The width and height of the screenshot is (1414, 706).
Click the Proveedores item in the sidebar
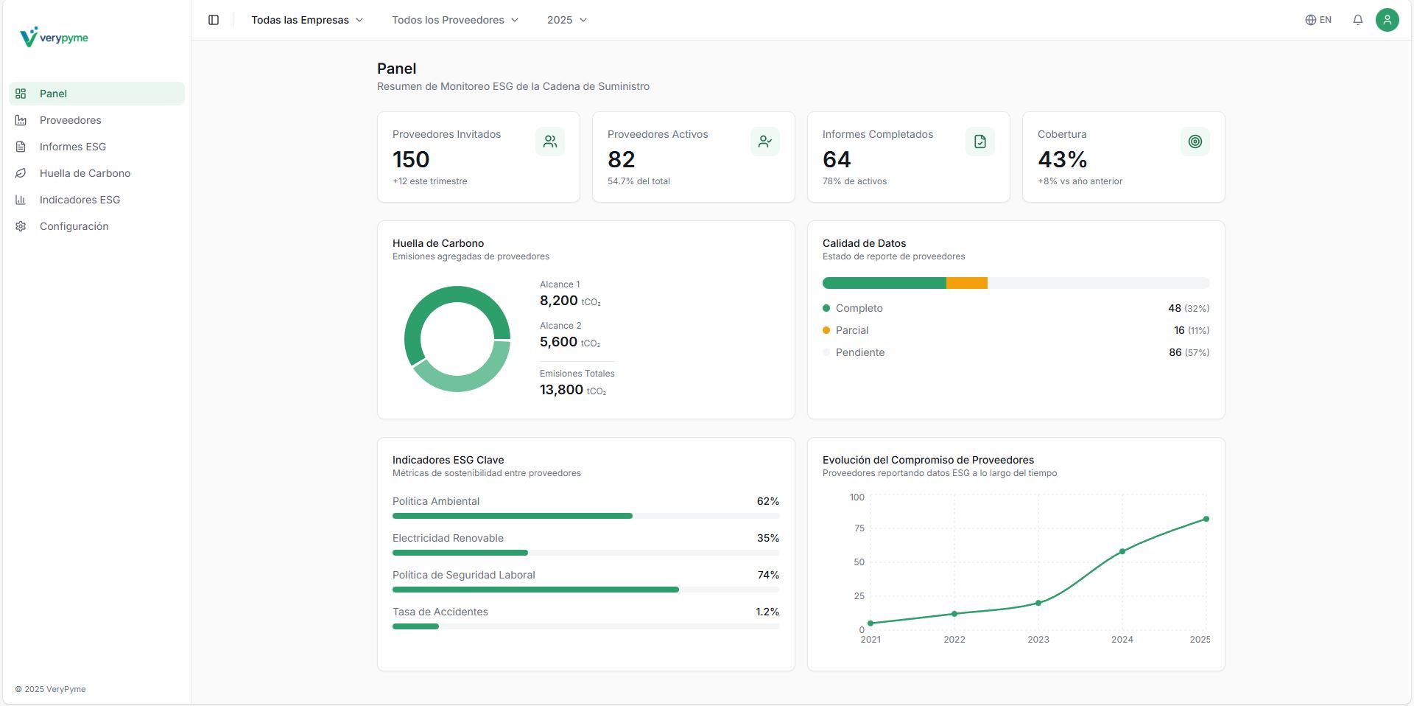point(71,120)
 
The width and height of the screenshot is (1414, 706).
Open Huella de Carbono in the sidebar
point(85,173)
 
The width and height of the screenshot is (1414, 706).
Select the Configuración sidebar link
point(74,226)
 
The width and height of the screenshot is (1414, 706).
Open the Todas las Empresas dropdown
point(307,20)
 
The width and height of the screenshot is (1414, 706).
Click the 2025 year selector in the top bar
point(566,20)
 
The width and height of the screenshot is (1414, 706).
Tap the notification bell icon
point(1357,20)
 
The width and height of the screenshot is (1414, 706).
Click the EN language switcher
point(1318,20)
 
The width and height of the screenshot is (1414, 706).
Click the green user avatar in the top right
point(1387,20)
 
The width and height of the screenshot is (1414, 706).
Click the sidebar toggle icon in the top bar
point(214,20)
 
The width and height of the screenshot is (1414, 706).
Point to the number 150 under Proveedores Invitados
point(411,159)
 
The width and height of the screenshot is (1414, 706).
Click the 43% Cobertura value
point(1062,159)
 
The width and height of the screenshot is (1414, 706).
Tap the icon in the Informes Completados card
point(979,141)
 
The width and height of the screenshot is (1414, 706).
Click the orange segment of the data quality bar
point(966,283)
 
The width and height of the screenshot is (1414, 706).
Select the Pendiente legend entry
point(859,352)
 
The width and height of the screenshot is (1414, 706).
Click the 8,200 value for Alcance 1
point(559,301)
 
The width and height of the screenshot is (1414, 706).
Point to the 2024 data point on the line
point(1122,551)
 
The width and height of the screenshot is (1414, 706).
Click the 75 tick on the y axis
point(859,528)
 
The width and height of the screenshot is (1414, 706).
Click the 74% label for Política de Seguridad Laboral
point(768,575)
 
